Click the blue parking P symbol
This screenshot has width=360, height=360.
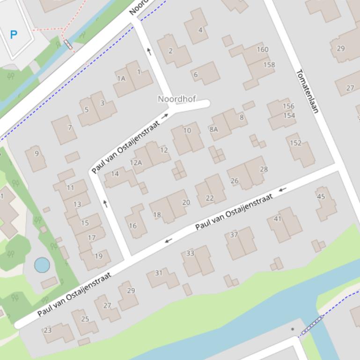pyautogui.click(x=14, y=34)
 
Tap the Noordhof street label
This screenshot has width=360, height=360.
pyautogui.click(x=176, y=99)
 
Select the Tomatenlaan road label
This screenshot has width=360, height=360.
pyautogui.click(x=308, y=91)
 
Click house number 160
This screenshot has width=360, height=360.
pyautogui.click(x=263, y=49)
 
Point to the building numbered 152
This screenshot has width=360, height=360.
pyautogui.click(x=296, y=143)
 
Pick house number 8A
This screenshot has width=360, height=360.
pyautogui.click(x=213, y=129)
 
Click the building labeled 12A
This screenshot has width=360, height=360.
pyautogui.click(x=136, y=162)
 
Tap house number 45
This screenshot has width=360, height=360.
pyautogui.click(x=321, y=196)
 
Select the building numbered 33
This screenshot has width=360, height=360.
pyautogui.click(x=190, y=253)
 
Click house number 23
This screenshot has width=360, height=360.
pyautogui.click(x=48, y=330)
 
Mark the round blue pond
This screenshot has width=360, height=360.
pyautogui.click(x=42, y=265)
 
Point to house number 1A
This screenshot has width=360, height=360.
pyautogui.click(x=121, y=79)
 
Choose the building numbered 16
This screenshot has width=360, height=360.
pyautogui.click(x=132, y=225)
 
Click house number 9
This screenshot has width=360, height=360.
pyautogui.click(x=37, y=153)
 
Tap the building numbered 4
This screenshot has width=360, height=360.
pyautogui.click(x=200, y=30)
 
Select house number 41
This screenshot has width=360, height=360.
pyautogui.click(x=278, y=219)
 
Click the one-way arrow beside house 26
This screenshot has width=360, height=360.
pyautogui.click(x=282, y=189)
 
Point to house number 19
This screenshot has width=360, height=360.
pyautogui.click(x=98, y=256)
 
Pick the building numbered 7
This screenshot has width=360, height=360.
pyautogui.click(x=70, y=127)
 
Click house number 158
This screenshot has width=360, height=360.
pyautogui.click(x=269, y=65)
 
